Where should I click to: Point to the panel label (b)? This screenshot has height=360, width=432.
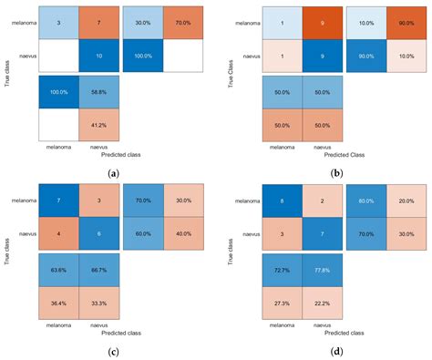click(324, 172)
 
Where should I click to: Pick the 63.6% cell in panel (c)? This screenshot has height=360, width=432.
click(58, 270)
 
